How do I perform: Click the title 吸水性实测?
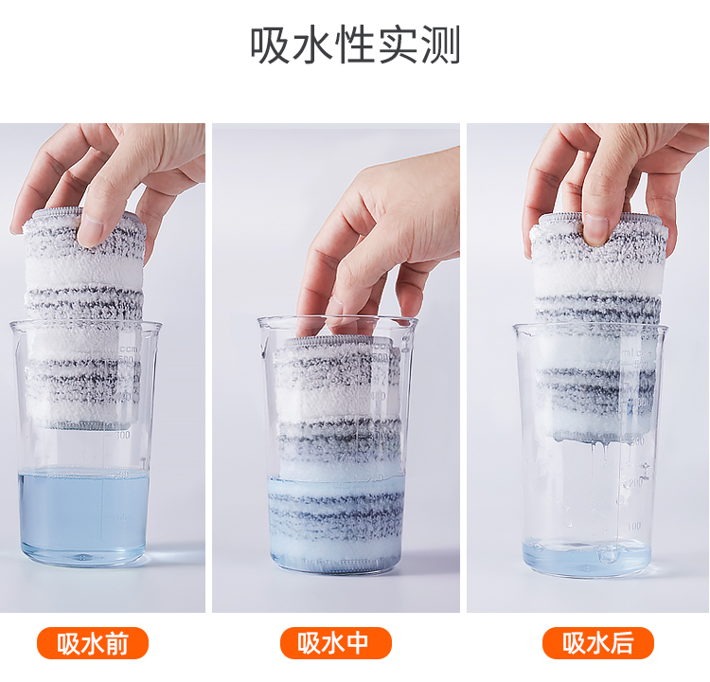pos(355,45)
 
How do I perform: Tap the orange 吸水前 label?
pos(93,643)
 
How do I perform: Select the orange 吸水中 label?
pos(335,643)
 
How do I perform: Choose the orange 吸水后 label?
pos(598,643)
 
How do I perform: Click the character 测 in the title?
pos(441,45)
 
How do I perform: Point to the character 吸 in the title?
pos(270,45)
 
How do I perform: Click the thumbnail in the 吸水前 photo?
pos(92,229)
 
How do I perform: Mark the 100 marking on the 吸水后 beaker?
pos(634,526)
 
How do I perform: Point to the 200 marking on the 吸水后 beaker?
pos(635,483)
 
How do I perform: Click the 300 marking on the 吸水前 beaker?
pos(122,436)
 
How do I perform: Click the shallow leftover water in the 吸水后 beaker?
pos(587,556)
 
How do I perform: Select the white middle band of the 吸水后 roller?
pos(597,278)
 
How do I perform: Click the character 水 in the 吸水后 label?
pos(598,643)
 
